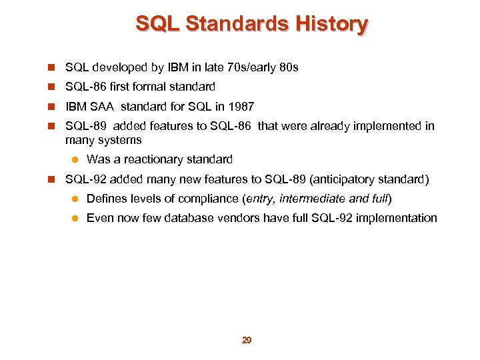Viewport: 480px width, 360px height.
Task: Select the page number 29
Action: [x=246, y=340]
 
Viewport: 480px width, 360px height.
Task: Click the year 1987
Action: [x=241, y=107]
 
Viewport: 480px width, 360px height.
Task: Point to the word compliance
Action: [x=199, y=198]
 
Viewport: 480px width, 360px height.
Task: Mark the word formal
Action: [x=153, y=87]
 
